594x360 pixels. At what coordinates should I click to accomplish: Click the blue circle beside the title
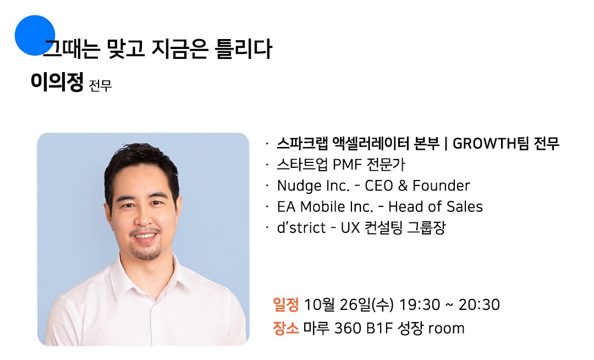click(35, 35)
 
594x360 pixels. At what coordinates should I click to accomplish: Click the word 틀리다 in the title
click(243, 49)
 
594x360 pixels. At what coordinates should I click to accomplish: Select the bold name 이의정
click(57, 81)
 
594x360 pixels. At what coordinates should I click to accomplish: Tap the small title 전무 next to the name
click(101, 85)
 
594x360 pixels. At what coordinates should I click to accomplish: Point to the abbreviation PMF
click(347, 165)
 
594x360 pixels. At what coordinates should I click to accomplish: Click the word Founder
click(441, 186)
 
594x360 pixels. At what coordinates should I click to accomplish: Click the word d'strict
click(301, 228)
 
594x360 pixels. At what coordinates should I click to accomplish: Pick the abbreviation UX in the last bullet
click(350, 228)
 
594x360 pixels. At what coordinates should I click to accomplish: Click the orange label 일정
click(285, 304)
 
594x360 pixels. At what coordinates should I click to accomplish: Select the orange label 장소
click(285, 328)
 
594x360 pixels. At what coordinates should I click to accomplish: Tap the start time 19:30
click(420, 304)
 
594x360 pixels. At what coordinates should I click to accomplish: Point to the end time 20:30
click(479, 304)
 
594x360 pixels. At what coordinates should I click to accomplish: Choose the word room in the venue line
click(446, 329)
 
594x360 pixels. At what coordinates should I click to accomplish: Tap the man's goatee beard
click(146, 250)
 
